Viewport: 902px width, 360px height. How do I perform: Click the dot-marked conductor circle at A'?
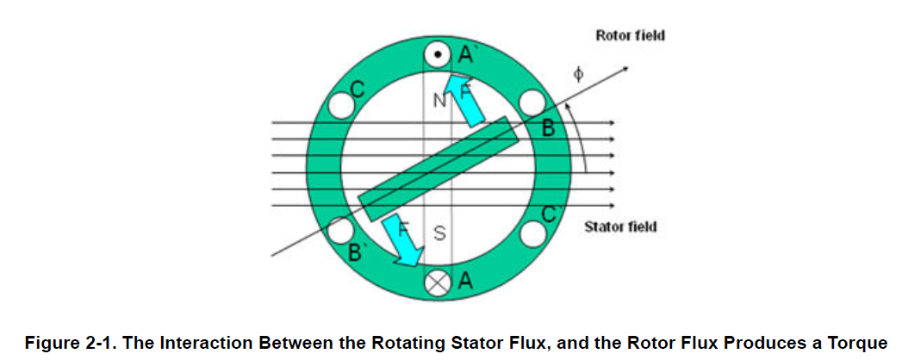pyautogui.click(x=438, y=55)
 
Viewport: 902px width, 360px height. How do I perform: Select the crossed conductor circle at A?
pyautogui.click(x=438, y=283)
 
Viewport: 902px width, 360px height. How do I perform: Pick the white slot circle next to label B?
pyautogui.click(x=532, y=104)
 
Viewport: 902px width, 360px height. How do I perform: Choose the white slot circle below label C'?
pyautogui.click(x=534, y=233)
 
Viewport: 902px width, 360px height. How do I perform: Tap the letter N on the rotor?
pyautogui.click(x=439, y=102)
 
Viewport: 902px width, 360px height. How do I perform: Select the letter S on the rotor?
pyautogui.click(x=439, y=233)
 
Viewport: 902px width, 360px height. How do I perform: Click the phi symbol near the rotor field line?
pyautogui.click(x=579, y=76)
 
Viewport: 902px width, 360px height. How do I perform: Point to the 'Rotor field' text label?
pyautogui.click(x=630, y=35)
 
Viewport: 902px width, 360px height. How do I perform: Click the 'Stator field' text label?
pyautogui.click(x=620, y=227)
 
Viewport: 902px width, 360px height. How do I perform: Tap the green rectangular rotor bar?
pyautogui.click(x=439, y=169)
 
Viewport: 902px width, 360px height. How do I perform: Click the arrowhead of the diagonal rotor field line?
pyautogui.click(x=623, y=70)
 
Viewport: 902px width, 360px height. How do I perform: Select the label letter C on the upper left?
pyautogui.click(x=358, y=89)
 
